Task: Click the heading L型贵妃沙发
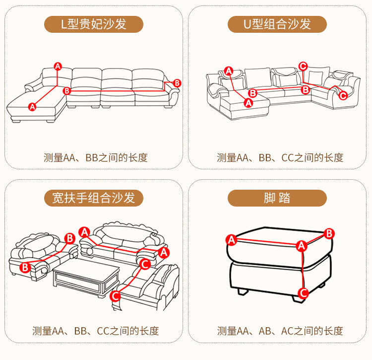pos(94,24)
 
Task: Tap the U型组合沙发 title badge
pos(277,24)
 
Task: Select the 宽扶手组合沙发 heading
pos(94,198)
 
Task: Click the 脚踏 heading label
pos(277,198)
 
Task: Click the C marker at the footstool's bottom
pos(303,293)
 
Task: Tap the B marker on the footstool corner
pos(329,234)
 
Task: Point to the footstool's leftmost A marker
pos(231,240)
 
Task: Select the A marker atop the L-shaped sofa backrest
pos(58,67)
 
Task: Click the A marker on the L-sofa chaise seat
pos(32,107)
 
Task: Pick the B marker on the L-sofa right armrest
pos(177,83)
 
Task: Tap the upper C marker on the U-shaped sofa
pos(303,66)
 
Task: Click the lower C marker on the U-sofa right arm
pos(343,96)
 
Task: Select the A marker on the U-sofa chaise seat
pos(248,103)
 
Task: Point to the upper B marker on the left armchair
pos(70,238)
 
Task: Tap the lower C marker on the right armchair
pos(115,296)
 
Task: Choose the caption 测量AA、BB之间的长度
pos(95,158)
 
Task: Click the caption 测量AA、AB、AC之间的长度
pos(280,331)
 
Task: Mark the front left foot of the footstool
pos(243,291)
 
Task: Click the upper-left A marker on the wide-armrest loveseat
pos(84,232)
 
